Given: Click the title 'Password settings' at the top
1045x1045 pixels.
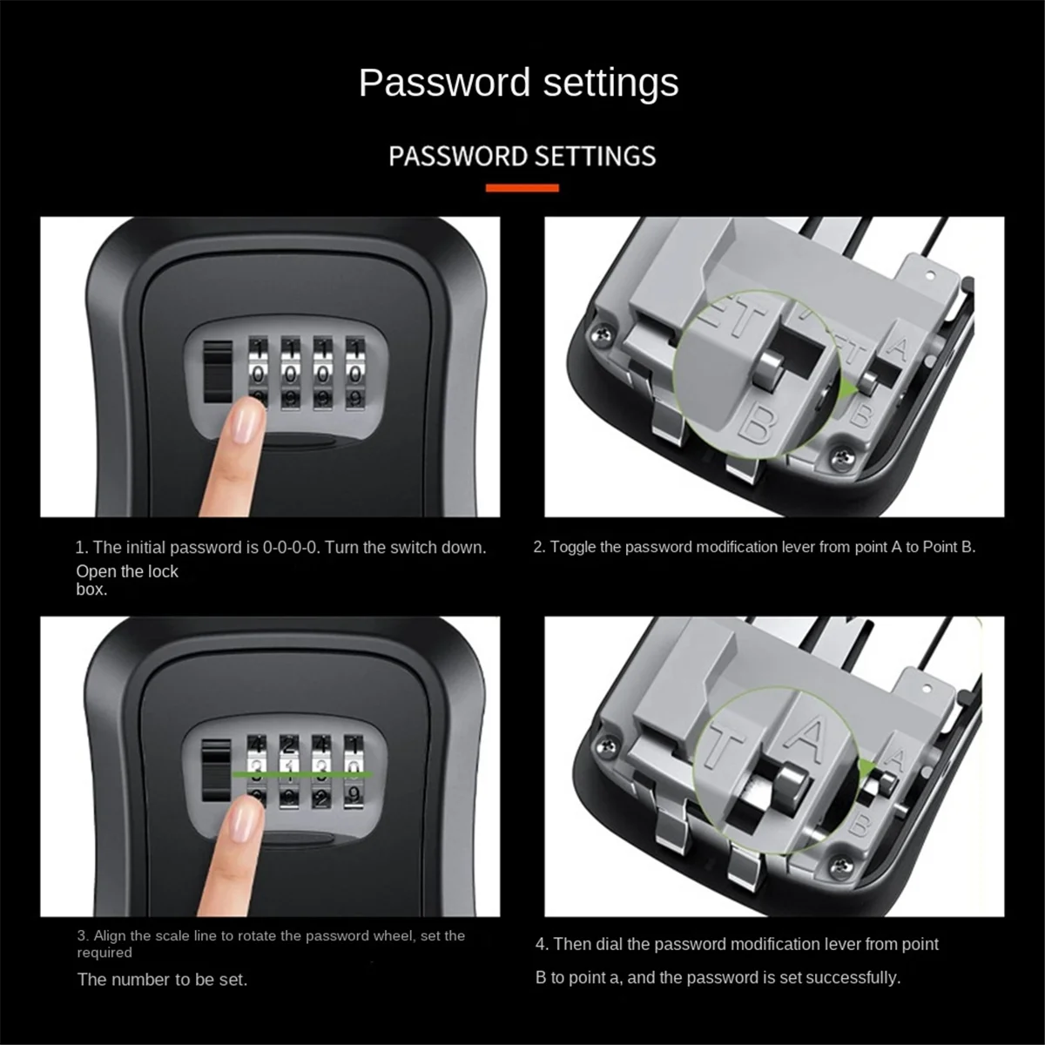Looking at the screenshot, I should click(519, 84).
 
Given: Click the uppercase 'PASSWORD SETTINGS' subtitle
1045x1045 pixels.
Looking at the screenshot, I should click(522, 157).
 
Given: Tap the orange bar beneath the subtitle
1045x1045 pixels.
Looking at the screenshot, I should click(522, 187).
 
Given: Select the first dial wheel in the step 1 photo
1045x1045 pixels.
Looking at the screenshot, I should click(260, 373).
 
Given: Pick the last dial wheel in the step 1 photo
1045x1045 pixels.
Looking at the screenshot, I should click(355, 373).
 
